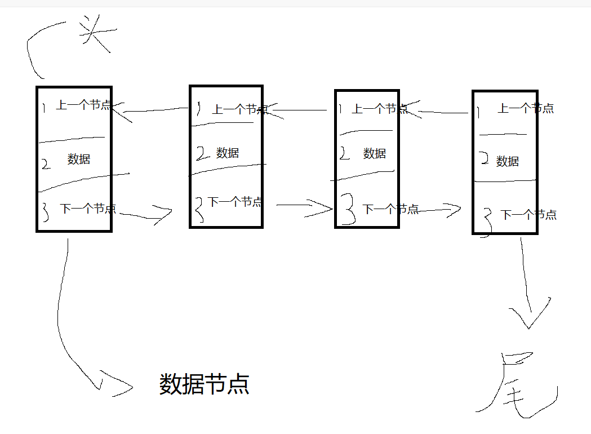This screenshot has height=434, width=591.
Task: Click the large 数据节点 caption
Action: coord(205,384)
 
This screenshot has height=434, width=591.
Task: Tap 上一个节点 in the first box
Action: coord(83,105)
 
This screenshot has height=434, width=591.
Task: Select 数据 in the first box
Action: coord(79,160)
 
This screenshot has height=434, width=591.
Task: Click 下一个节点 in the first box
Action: coord(88,209)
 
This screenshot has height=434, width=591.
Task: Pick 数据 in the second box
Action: coord(228,153)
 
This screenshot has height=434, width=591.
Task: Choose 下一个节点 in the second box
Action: coord(235,202)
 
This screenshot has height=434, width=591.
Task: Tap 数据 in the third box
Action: coord(375,153)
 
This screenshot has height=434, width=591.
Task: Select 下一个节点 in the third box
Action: coord(391,210)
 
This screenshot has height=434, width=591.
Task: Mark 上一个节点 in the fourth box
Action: coord(526,108)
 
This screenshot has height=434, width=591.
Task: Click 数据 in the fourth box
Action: coord(508,162)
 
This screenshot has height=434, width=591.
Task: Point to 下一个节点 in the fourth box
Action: coord(528,215)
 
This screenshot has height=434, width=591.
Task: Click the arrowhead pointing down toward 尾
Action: coord(530,318)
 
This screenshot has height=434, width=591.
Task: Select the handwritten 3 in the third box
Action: coord(349,209)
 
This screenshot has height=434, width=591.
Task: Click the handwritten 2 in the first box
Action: coord(46,164)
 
